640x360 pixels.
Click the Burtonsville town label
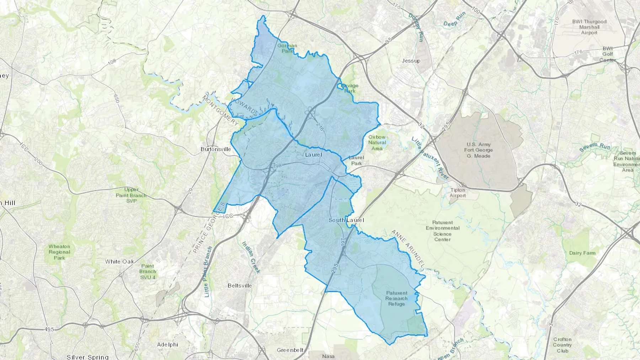click(x=216, y=149)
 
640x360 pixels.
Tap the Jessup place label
click(x=411, y=61)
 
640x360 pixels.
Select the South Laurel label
click(x=346, y=220)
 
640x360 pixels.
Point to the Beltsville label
click(x=240, y=285)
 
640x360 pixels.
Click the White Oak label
click(x=119, y=262)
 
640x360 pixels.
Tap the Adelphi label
click(x=167, y=344)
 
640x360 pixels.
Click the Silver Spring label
click(x=87, y=357)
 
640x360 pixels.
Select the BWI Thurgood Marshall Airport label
click(x=589, y=27)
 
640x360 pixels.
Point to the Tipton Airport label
click(x=458, y=193)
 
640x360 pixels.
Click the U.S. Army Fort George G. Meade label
click(x=478, y=150)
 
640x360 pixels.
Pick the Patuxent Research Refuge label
click(x=396, y=299)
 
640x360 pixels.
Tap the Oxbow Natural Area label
click(x=377, y=143)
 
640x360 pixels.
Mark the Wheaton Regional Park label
click(x=59, y=252)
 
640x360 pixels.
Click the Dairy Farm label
click(x=582, y=253)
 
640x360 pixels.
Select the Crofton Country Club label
click(x=562, y=345)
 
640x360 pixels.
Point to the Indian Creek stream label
click(x=251, y=257)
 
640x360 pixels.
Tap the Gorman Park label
click(x=287, y=48)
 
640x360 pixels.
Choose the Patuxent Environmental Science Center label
click(x=443, y=231)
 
